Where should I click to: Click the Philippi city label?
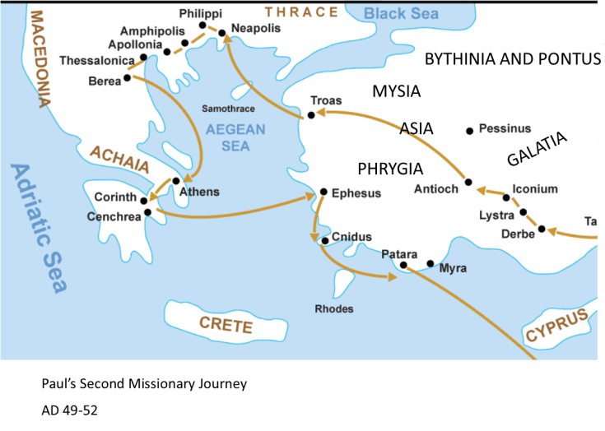pyautogui.click(x=200, y=14)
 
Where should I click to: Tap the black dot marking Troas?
pyautogui.click(x=310, y=114)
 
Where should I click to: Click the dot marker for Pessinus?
pyautogui.click(x=470, y=130)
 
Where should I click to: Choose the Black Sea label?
pyautogui.click(x=402, y=13)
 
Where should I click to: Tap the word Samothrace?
pyautogui.click(x=228, y=109)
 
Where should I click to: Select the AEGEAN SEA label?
pyautogui.click(x=235, y=137)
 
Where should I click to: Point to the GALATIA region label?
pyautogui.click(x=537, y=149)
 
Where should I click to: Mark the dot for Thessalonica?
pyautogui.click(x=143, y=58)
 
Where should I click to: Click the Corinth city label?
pyautogui.click(x=114, y=197)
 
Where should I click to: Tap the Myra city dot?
pyautogui.click(x=430, y=264)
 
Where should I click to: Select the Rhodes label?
pyautogui.click(x=334, y=308)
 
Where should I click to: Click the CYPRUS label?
pyautogui.click(x=558, y=326)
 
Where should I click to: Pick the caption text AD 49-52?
pyautogui.click(x=70, y=409)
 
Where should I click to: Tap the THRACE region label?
pyautogui.click(x=300, y=12)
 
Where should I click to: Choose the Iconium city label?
pyautogui.click(x=534, y=189)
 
